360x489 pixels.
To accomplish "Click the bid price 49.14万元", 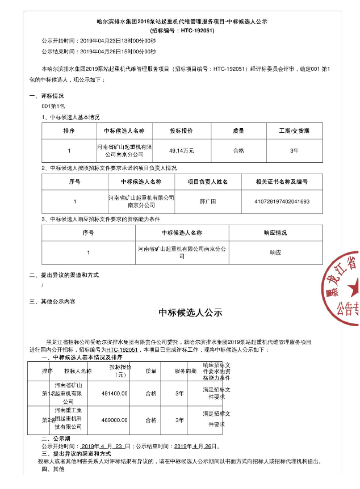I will [182, 151].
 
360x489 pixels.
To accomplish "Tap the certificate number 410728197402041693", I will [274, 201].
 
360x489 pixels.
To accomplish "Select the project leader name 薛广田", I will [208, 201].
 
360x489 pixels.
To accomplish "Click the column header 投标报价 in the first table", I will [182, 130].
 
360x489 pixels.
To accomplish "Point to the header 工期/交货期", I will [294, 130].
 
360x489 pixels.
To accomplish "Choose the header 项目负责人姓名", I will [208, 182].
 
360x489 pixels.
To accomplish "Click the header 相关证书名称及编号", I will [274, 182].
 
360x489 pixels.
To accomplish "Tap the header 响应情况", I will [275, 233].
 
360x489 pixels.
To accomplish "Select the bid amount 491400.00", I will [114, 393].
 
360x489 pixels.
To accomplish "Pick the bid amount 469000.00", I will [114, 420].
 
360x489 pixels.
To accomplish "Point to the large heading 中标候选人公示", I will [190, 313].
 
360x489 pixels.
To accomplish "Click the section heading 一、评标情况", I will [47, 96].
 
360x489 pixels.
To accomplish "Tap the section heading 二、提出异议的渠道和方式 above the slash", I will [64, 275].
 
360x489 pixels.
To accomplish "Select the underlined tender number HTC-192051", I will [123, 350].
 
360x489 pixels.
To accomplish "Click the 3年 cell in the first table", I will [294, 151].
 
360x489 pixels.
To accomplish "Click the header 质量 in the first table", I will [238, 130].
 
